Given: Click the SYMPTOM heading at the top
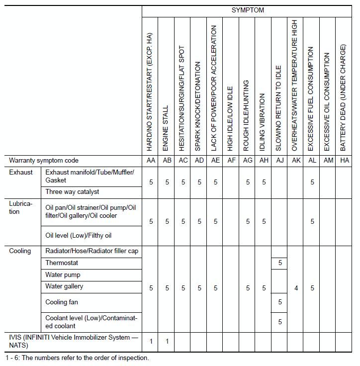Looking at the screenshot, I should (x=248, y=10).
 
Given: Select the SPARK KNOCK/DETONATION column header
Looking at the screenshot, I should (x=199, y=106).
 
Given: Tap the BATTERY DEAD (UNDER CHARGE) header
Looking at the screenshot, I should (x=344, y=97).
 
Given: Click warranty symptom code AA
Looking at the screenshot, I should (x=151, y=161).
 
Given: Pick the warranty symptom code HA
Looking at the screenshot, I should (x=344, y=161).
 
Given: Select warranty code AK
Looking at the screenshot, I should (x=296, y=161).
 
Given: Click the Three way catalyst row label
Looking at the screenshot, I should (x=72, y=191).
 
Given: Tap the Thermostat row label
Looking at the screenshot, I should (x=62, y=263).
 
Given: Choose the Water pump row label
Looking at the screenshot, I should (x=63, y=274).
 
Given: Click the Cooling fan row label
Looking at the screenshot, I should (x=62, y=302).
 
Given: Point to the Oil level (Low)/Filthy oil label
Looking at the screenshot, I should (x=78, y=235).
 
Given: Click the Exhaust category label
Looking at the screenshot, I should (x=21, y=172).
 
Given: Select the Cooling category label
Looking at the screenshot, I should (x=20, y=251).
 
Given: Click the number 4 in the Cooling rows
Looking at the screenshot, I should (x=296, y=288).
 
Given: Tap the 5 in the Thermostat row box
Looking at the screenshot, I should (x=280, y=263).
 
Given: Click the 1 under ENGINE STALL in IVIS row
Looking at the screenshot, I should (x=167, y=341).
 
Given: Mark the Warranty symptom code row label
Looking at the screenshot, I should (x=44, y=161).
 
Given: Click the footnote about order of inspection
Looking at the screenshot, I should (x=77, y=358).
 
